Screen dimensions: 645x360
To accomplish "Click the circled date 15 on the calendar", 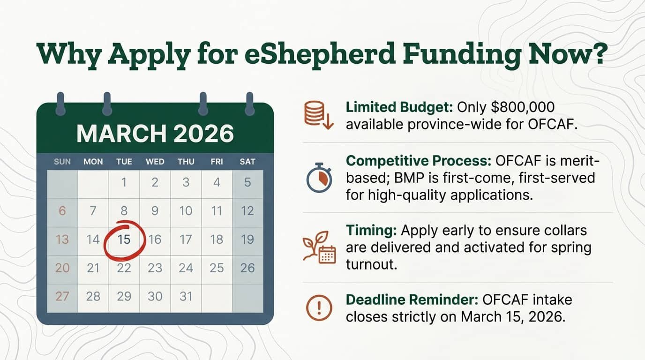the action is [x=124, y=240].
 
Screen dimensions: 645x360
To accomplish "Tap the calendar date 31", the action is [x=186, y=296].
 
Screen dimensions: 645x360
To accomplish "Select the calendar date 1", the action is [x=124, y=182].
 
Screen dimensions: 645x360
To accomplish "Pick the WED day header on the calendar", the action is [x=155, y=162].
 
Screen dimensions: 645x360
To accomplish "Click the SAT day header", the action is [x=247, y=162].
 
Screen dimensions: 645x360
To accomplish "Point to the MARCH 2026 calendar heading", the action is [x=155, y=134].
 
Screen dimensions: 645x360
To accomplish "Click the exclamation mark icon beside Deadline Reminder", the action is [x=319, y=308].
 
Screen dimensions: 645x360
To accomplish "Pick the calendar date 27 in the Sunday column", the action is [x=62, y=296].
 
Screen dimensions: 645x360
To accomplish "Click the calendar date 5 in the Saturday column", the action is [x=247, y=182].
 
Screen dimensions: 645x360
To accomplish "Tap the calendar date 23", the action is [x=155, y=268].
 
